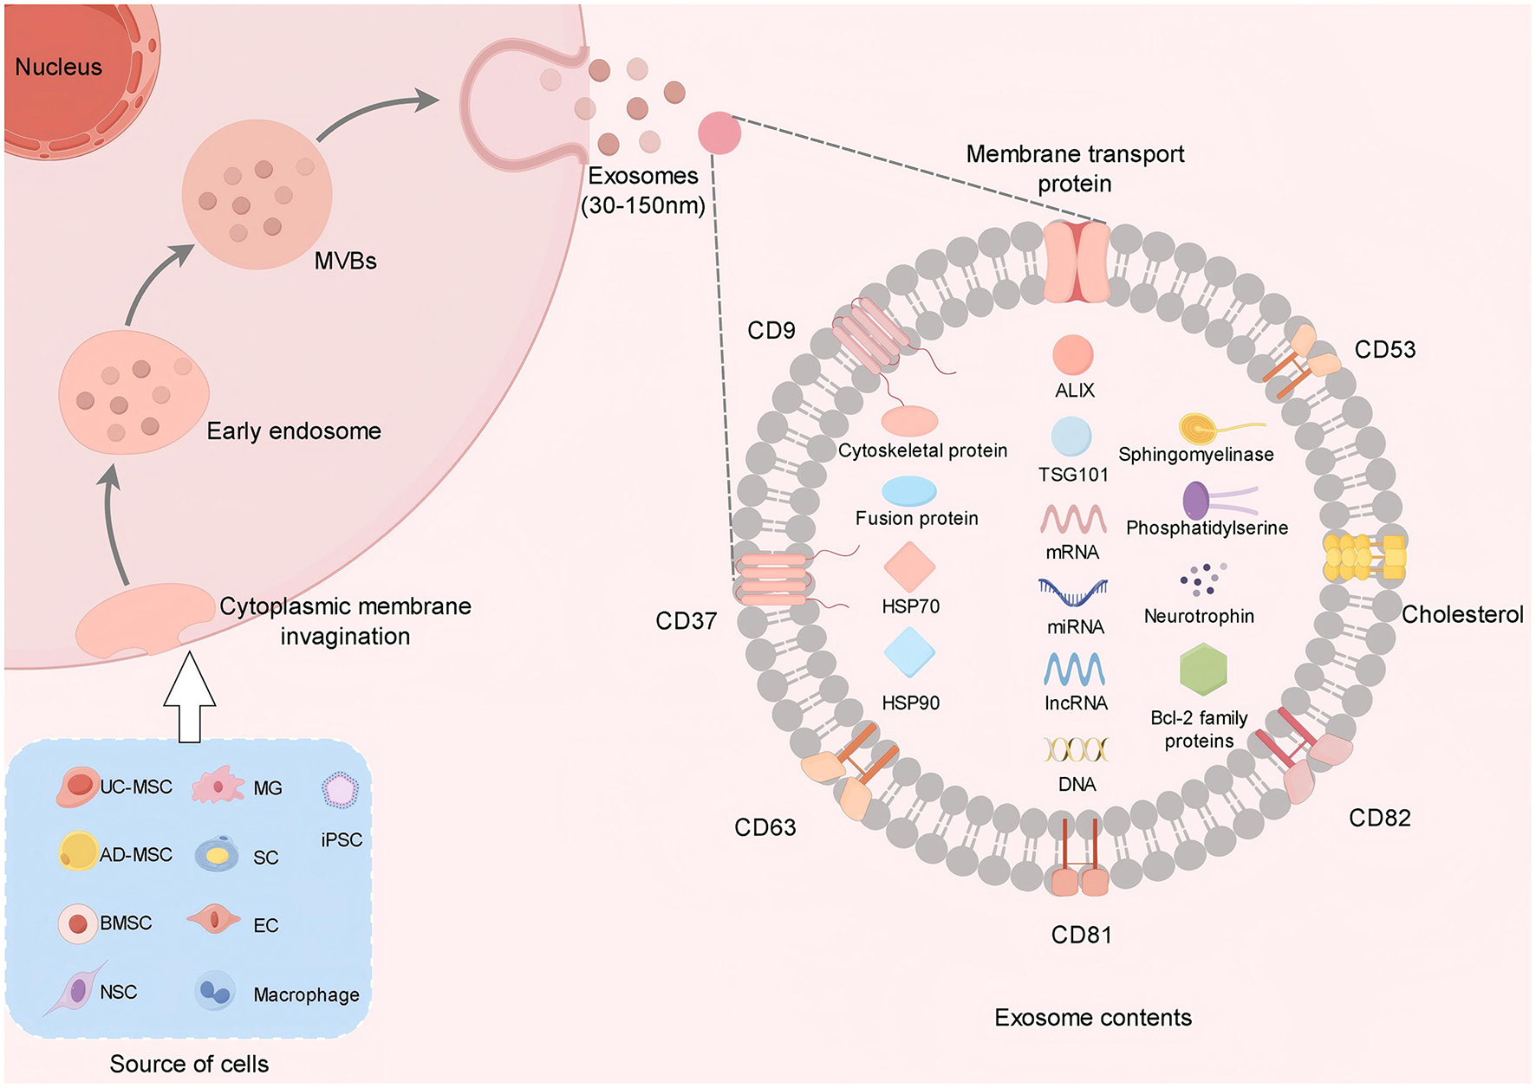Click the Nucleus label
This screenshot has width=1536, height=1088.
tap(58, 67)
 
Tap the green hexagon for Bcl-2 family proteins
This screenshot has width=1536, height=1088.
tap(1203, 670)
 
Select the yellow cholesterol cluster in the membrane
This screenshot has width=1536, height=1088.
tap(1364, 558)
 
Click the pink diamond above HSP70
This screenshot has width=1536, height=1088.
tap(909, 567)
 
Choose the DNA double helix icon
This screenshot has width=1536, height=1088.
tap(1076, 748)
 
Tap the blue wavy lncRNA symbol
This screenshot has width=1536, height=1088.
tap(1074, 669)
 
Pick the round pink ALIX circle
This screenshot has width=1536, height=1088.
tap(1072, 355)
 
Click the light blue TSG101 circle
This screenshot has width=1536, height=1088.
tap(1071, 437)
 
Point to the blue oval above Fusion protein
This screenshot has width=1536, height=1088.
tap(908, 491)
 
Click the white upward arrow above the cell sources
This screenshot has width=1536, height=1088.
tap(189, 697)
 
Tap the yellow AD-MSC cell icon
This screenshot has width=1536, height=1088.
tap(78, 851)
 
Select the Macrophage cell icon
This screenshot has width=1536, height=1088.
tap(213, 991)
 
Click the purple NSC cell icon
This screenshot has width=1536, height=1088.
tap(78, 989)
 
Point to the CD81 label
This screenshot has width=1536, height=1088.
tap(1081, 935)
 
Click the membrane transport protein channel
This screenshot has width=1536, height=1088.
tap(1076, 261)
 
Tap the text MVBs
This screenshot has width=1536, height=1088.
tap(345, 261)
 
